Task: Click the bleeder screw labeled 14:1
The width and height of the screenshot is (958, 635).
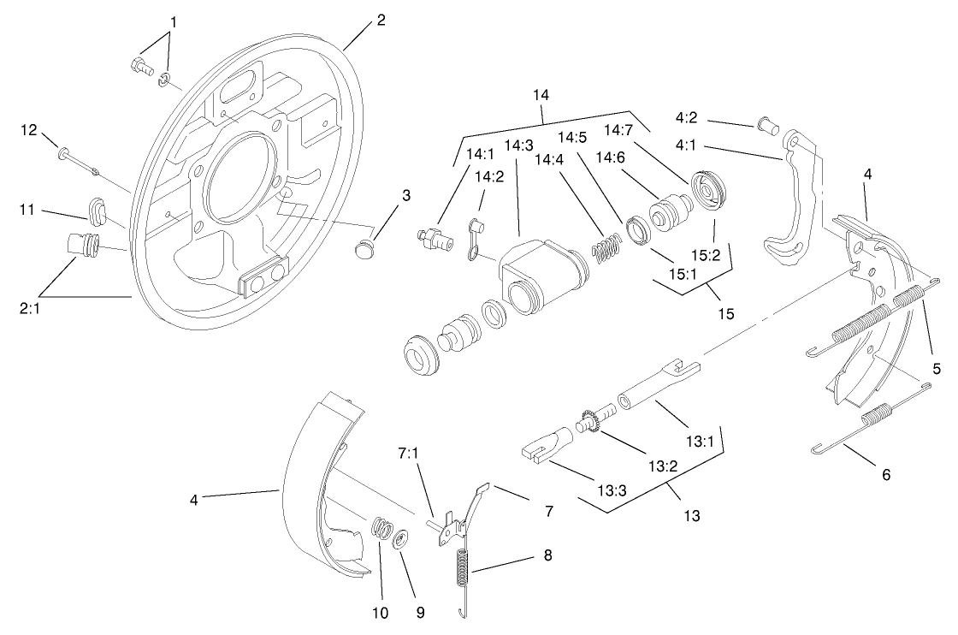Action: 432,239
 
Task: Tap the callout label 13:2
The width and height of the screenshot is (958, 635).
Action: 662,466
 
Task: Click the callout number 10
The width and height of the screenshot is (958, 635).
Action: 380,613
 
